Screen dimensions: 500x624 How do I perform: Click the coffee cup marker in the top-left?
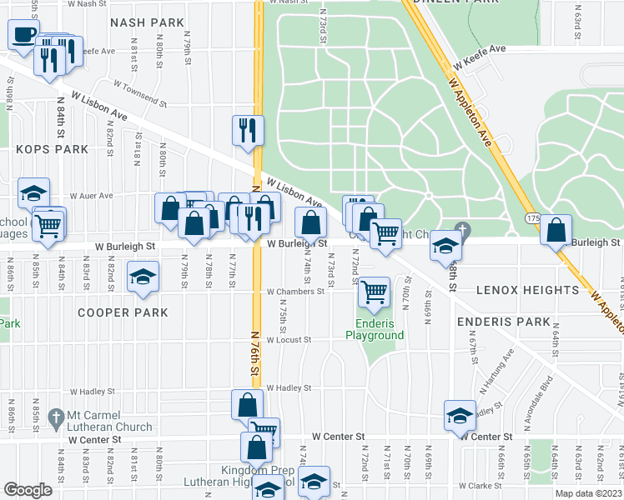[23, 36]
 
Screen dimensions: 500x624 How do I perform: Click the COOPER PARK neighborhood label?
[123, 312]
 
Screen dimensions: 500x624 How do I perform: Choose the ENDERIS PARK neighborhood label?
[503, 322]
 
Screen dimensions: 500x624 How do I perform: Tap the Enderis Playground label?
[375, 329]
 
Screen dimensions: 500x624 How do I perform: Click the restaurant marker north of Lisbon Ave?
[248, 130]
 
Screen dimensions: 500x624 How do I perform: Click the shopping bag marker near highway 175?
[556, 230]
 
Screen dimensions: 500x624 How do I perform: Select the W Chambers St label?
[294, 292]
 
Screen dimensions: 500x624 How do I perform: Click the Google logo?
[28, 490]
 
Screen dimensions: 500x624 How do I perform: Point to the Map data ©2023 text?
[587, 493]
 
